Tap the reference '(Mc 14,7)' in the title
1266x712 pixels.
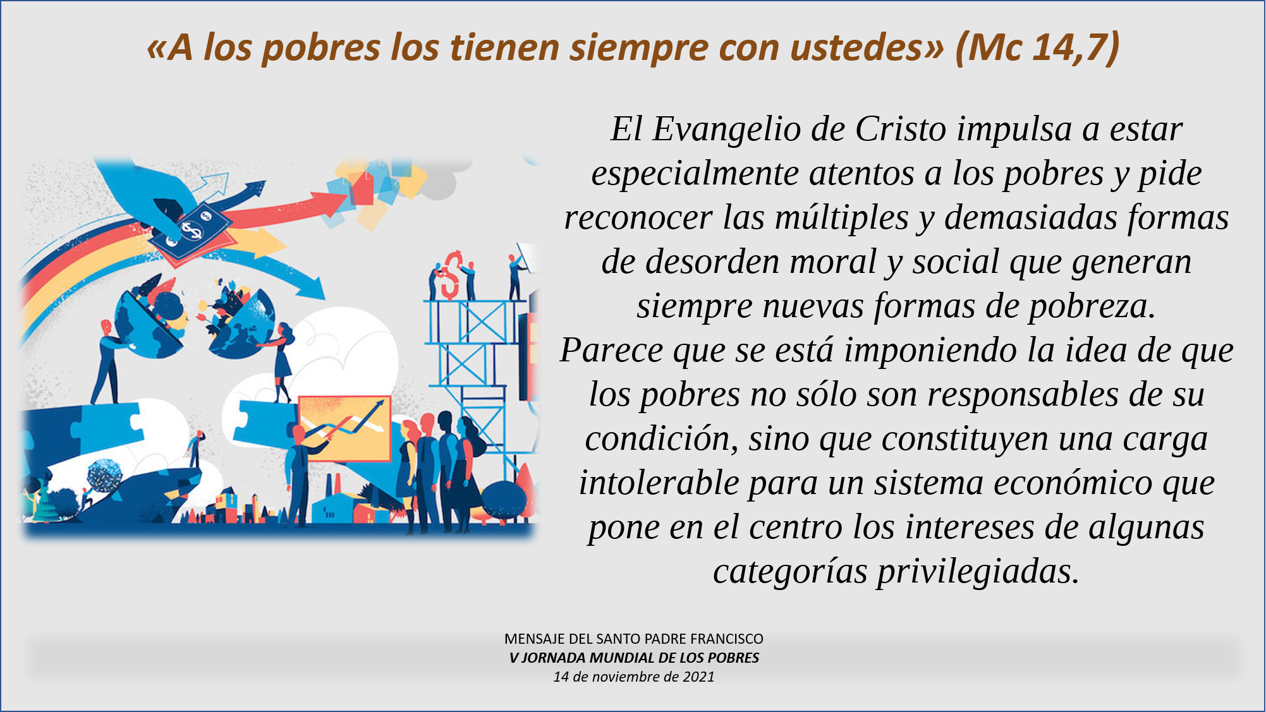pyautogui.click(x=1037, y=47)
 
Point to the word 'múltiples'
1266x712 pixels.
pyautogui.click(x=842, y=218)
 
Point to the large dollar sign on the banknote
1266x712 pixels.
pyautogui.click(x=191, y=229)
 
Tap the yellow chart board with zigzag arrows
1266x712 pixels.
pyautogui.click(x=344, y=429)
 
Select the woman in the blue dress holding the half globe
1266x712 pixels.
pyautogui.click(x=281, y=363)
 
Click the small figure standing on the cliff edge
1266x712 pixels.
pyautogui.click(x=195, y=449)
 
